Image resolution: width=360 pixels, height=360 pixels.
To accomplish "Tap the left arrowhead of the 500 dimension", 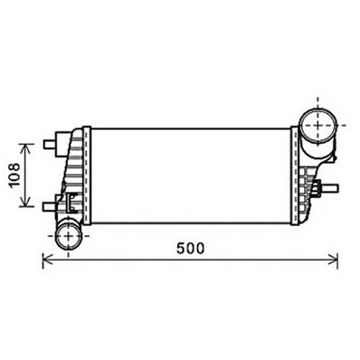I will [x=48, y=261].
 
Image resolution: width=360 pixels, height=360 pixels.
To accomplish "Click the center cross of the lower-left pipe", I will [x=67, y=236].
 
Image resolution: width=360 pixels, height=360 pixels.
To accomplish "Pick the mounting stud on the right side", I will [x=330, y=191].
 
